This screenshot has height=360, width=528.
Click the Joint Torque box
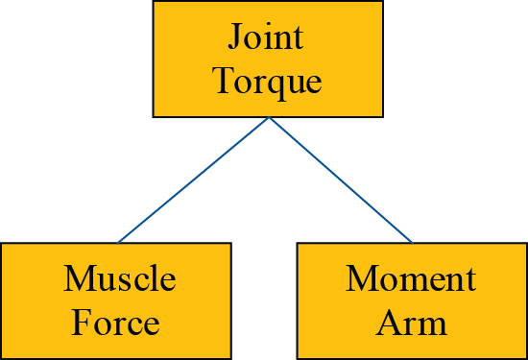268,60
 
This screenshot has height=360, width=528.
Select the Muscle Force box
115,300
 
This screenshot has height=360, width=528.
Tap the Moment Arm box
412,300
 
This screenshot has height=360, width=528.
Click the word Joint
266,37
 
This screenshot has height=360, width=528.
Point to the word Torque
267,82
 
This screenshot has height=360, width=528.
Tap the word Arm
412,323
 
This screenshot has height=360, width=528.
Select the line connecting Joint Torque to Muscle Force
192,180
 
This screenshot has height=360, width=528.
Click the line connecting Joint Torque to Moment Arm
341,180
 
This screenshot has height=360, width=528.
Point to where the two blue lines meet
269,118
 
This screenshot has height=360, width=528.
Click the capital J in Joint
236,37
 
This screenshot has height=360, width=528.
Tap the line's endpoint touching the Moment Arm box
412,242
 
